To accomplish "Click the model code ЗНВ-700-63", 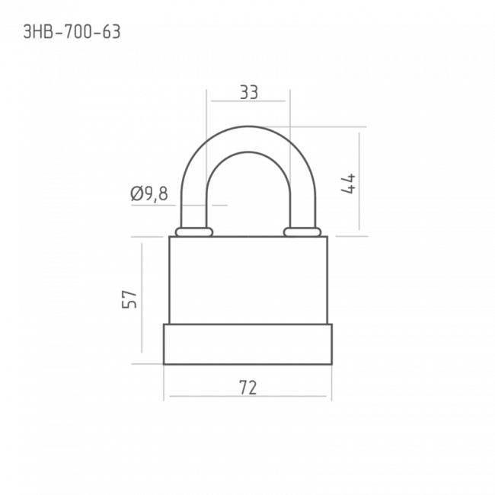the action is pos(72,32).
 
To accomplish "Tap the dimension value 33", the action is pos(249,92).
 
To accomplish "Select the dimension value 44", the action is pos(348,184).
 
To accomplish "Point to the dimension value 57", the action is pos(129,299).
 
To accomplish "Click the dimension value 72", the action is pos(247,388).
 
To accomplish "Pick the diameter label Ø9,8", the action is pos(149,194).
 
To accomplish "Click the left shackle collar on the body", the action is pos(194,232).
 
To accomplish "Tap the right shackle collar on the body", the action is pos(302,232).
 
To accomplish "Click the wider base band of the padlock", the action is pos(247,344).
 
